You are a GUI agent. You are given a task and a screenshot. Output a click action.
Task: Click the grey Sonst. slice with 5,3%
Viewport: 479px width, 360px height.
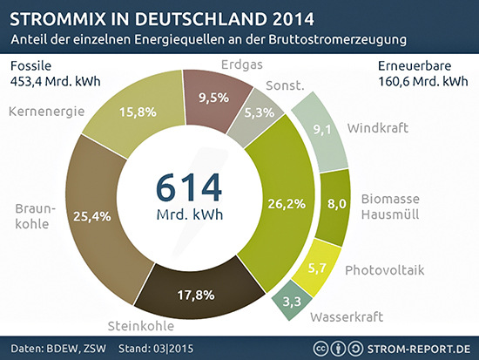tap(253, 112)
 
